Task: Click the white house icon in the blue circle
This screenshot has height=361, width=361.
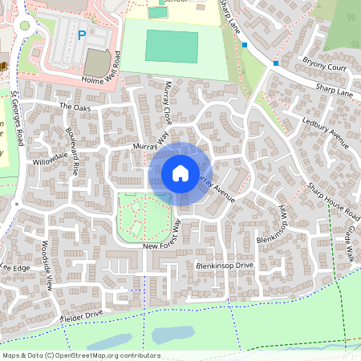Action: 180,172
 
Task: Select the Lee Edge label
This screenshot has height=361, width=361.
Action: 15,267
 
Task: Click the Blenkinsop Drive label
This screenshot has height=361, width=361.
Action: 225,265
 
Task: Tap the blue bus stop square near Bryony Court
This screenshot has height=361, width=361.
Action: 276,63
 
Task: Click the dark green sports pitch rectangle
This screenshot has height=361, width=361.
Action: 171,47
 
